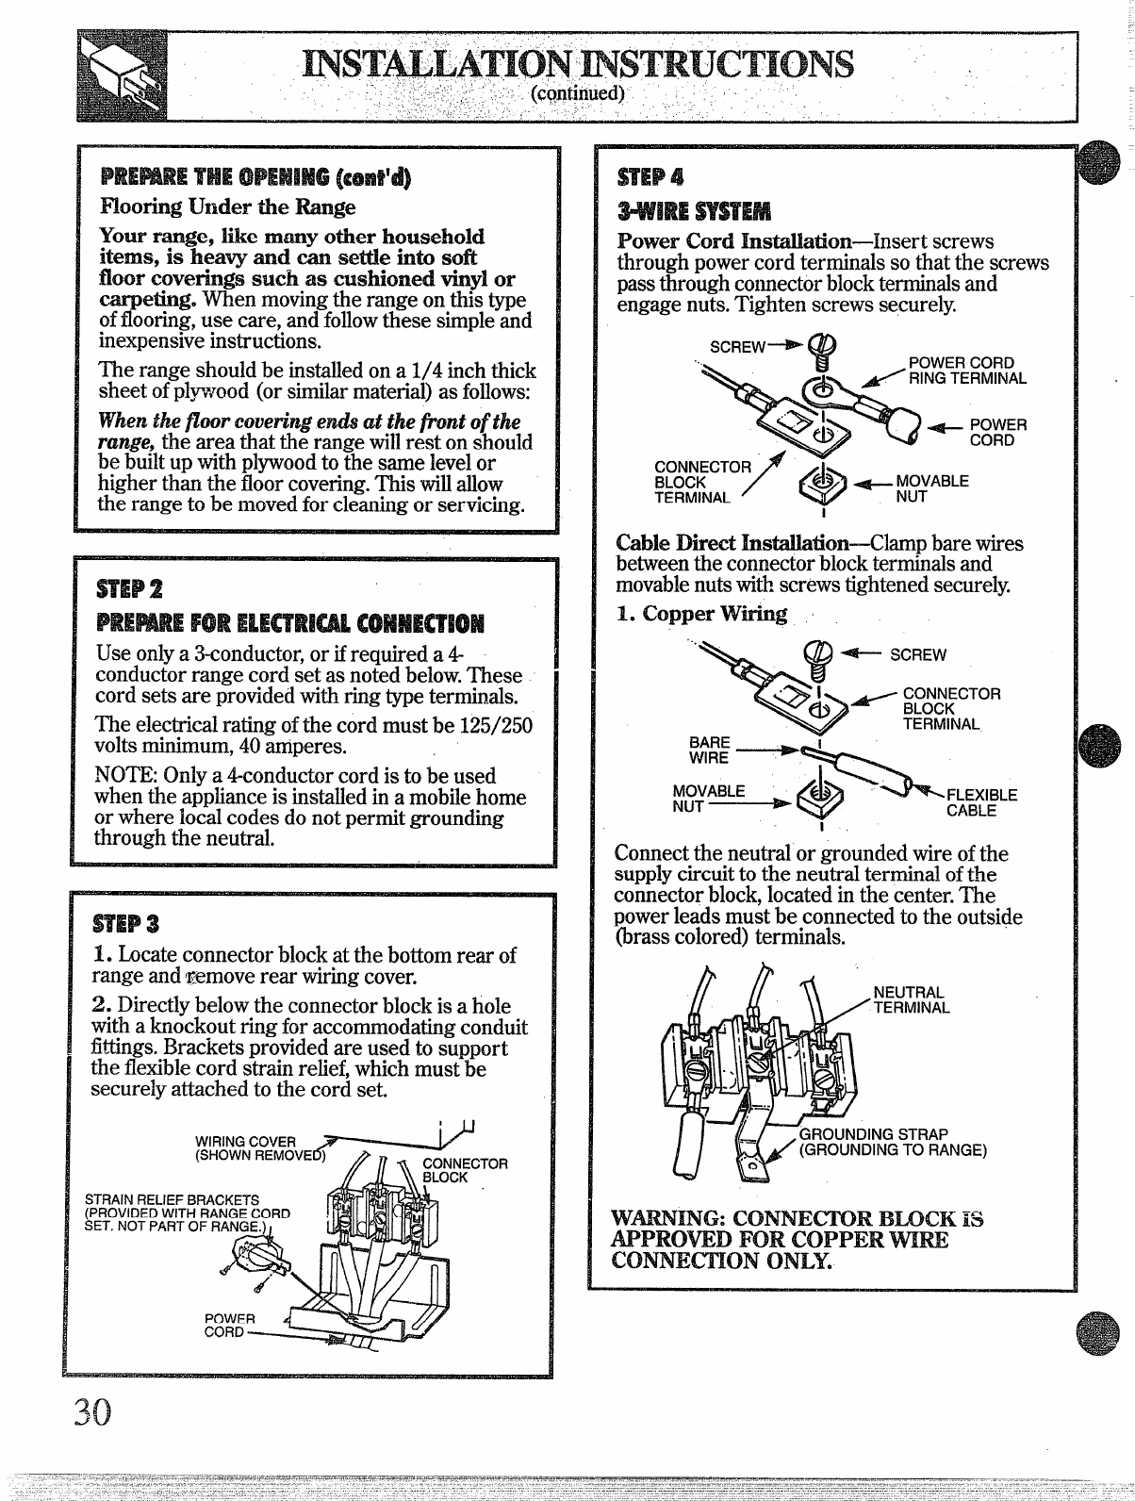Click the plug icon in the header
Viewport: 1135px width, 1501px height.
(x=121, y=76)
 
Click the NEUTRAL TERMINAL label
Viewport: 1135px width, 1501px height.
(x=911, y=999)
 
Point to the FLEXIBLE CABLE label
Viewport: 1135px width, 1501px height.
(x=980, y=802)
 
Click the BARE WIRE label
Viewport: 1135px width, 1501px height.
(x=709, y=750)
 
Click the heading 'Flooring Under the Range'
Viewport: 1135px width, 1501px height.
(x=228, y=206)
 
